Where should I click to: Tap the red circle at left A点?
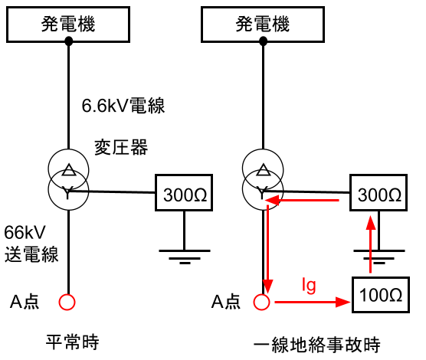(x=68, y=301)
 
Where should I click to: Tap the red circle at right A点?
(x=262, y=301)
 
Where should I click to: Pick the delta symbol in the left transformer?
(x=68, y=170)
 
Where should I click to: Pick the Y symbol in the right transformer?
(x=262, y=193)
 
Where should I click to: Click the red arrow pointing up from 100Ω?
(x=371, y=245)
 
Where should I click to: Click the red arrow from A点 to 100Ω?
(x=306, y=303)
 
